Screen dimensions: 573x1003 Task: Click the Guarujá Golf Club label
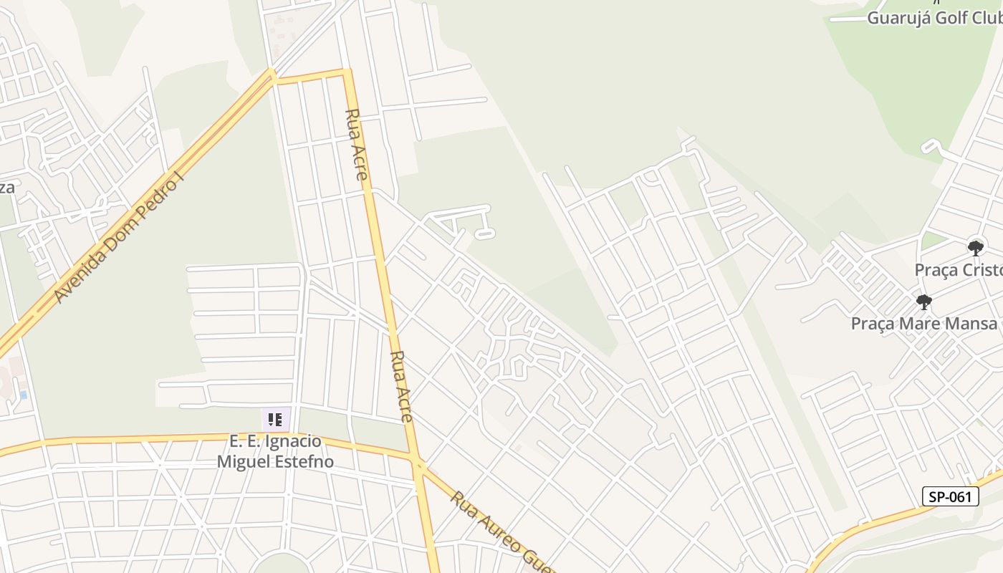tap(934, 18)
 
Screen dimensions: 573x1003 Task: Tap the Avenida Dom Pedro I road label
tap(119, 237)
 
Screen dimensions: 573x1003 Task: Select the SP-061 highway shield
tap(950, 496)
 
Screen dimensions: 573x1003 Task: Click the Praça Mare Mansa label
tap(924, 323)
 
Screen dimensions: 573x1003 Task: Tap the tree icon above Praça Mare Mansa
tap(924, 302)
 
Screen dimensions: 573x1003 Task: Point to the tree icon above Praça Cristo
tap(975, 249)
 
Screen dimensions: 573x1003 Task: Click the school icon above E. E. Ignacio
tap(276, 419)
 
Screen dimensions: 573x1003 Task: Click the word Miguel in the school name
tap(244, 461)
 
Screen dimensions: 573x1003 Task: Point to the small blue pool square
tap(24, 395)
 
